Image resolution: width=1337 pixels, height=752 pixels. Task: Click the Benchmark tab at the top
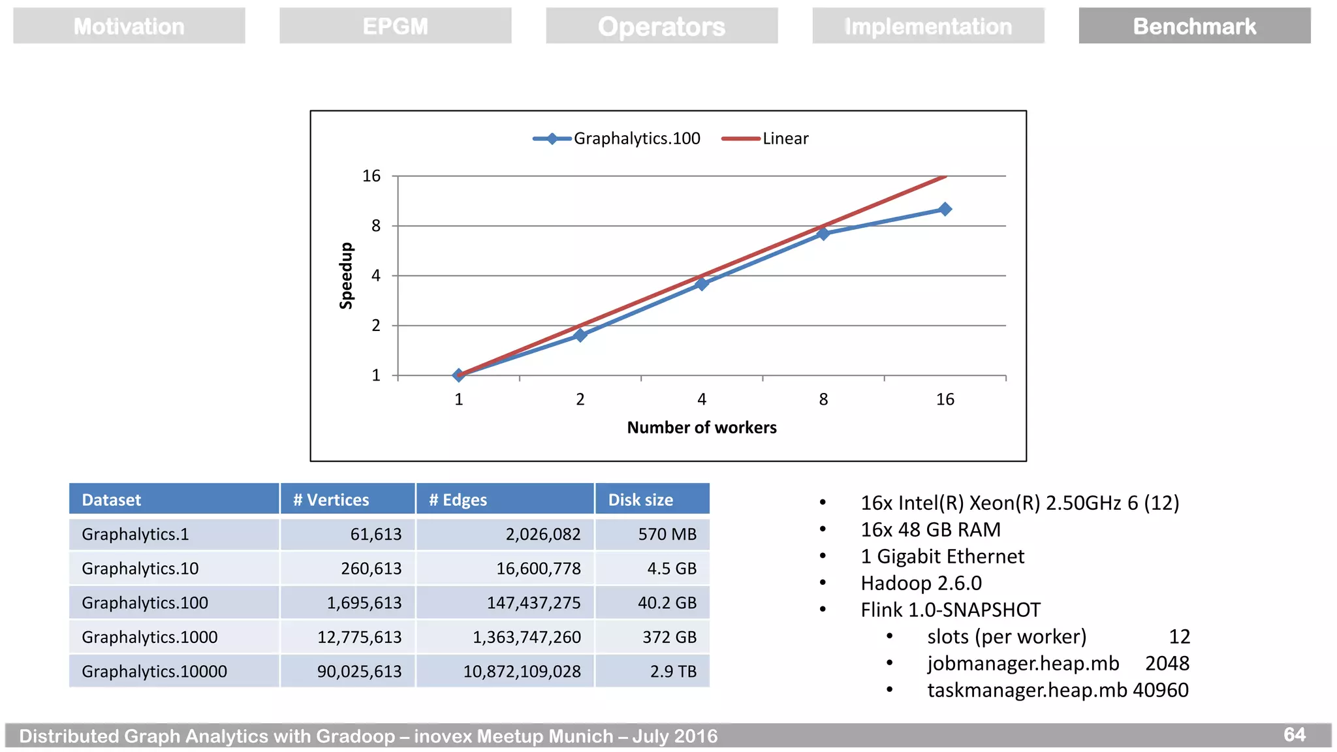(1194, 26)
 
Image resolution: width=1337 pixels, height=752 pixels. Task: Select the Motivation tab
(129, 26)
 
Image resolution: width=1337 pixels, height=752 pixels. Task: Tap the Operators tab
(661, 26)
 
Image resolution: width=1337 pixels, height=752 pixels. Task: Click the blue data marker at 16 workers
(945, 209)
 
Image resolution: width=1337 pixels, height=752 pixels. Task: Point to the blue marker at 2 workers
(580, 335)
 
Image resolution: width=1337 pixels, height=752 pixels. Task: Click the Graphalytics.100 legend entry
(617, 138)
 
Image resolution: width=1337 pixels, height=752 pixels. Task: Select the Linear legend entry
(765, 138)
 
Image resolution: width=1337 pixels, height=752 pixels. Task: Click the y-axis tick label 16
(371, 176)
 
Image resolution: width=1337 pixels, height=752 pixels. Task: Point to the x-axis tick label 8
(823, 399)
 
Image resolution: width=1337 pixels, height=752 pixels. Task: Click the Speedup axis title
(346, 275)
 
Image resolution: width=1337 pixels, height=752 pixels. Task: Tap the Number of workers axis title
(701, 428)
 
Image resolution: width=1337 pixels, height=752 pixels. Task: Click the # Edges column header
(458, 500)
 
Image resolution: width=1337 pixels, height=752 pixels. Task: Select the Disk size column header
(640, 500)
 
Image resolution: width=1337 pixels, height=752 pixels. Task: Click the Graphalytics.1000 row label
(149, 637)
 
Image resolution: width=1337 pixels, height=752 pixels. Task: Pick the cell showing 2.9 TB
(673, 672)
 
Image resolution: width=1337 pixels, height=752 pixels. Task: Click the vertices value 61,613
(375, 535)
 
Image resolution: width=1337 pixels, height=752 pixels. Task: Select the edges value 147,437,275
(533, 603)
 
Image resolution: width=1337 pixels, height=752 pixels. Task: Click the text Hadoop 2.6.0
(920, 583)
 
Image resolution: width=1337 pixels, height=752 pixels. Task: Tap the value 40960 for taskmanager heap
(1160, 690)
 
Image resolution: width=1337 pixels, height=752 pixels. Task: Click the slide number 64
(1294, 734)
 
